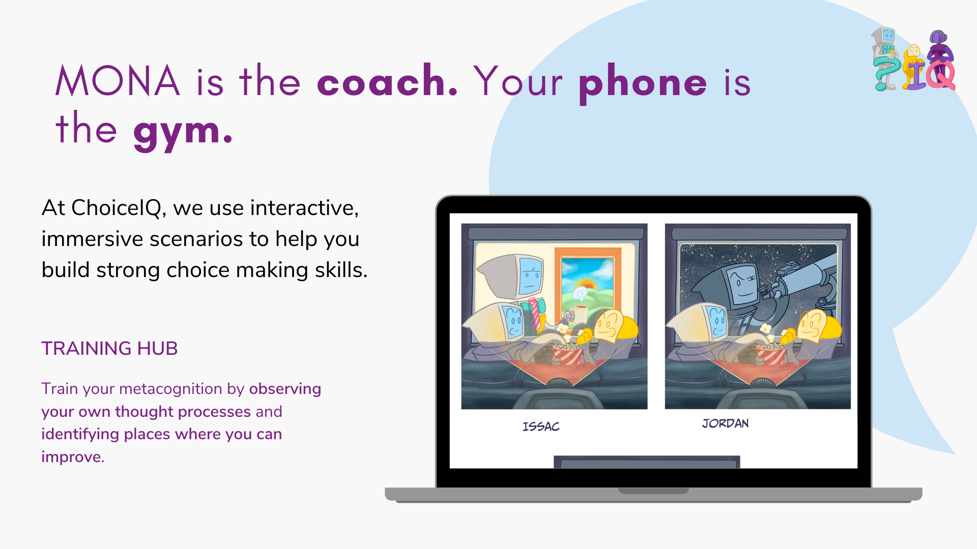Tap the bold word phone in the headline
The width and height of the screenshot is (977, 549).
click(643, 82)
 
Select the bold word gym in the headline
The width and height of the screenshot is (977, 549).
click(182, 131)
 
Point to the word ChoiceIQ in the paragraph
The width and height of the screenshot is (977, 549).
click(117, 208)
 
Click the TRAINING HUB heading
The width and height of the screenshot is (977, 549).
click(109, 349)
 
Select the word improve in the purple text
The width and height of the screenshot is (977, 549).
click(72, 457)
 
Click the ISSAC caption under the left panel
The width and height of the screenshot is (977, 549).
click(541, 426)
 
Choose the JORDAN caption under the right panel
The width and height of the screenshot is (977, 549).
click(725, 423)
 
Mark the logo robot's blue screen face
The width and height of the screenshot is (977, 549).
click(888, 35)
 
